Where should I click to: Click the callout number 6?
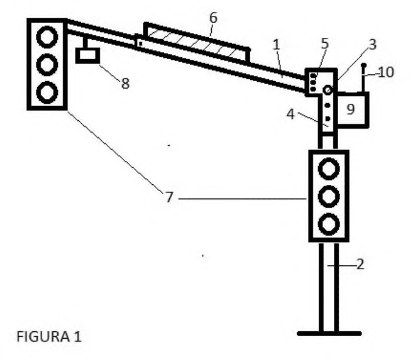[214, 18]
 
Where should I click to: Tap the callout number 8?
[125, 84]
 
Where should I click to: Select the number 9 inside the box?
[351, 109]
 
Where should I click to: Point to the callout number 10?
[386, 72]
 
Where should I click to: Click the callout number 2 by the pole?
[360, 264]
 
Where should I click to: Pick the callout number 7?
[169, 197]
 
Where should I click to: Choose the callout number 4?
[291, 114]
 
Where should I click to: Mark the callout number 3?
[372, 45]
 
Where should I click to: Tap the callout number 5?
[325, 43]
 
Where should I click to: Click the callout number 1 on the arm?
[276, 45]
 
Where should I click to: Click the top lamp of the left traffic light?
[47, 37]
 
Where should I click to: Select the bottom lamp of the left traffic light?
[47, 92]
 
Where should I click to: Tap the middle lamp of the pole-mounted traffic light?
[329, 196]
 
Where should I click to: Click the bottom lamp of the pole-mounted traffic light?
[329, 225]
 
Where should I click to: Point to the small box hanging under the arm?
[87, 56]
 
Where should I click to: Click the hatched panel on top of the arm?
[197, 43]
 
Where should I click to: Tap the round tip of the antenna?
[364, 65]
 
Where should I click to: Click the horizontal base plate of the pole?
[329, 334]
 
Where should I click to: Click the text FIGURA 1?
[49, 336]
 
